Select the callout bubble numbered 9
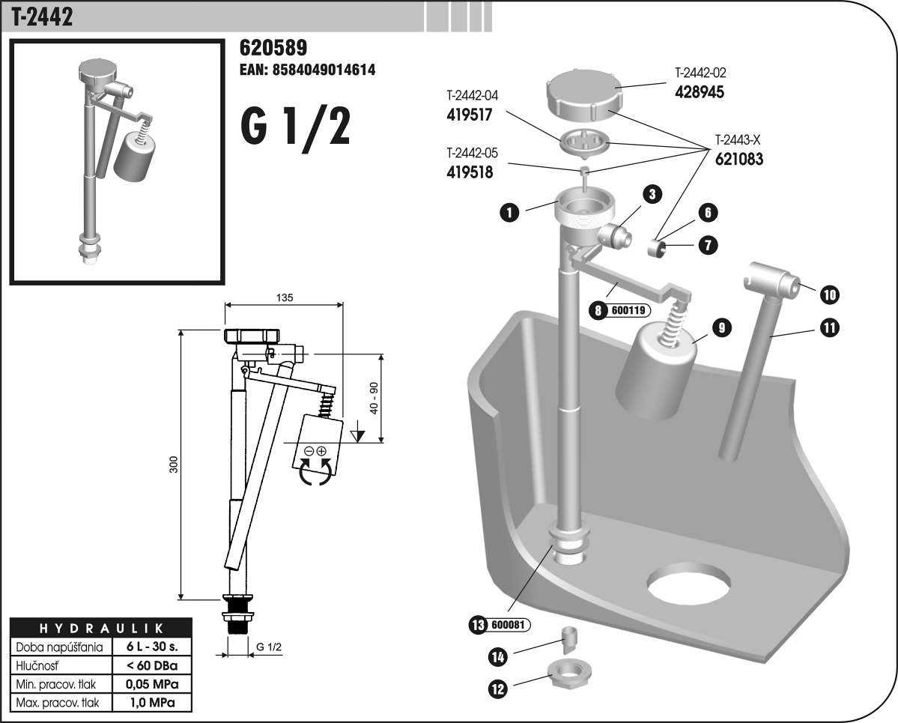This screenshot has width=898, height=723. tap(722, 327)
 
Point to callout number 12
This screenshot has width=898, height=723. tap(498, 689)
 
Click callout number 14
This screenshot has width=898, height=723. tap(497, 657)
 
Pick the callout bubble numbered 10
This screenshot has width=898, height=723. tap(828, 294)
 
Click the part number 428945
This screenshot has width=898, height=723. tap(700, 91)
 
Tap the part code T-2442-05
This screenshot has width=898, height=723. tap(471, 154)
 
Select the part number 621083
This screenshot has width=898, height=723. tap(738, 159)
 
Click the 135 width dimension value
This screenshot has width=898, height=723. tap(284, 297)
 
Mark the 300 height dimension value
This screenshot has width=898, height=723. tap(174, 465)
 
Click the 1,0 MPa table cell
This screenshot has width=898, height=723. tap(151, 703)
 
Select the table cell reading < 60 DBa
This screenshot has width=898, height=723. tap(151, 665)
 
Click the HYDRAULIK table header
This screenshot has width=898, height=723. tap(102, 627)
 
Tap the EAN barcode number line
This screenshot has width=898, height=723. tap(306, 70)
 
